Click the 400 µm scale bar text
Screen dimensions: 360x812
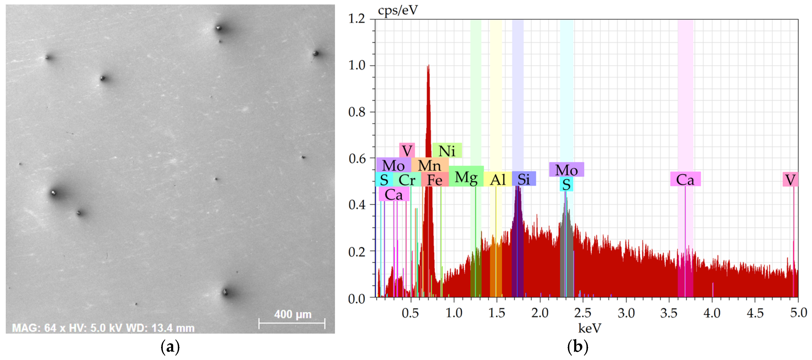click(x=292, y=314)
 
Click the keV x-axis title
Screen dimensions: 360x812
click(x=590, y=328)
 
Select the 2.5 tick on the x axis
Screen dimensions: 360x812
click(x=583, y=313)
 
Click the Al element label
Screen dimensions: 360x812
click(x=498, y=180)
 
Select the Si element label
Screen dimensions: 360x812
click(x=524, y=179)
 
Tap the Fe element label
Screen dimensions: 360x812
click(x=435, y=180)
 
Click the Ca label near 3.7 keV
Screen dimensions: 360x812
click(x=685, y=180)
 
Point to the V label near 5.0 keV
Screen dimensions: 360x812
click(x=790, y=180)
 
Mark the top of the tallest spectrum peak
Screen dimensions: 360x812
click(x=428, y=66)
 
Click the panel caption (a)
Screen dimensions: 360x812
click(x=170, y=347)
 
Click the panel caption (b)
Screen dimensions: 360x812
click(x=577, y=347)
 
